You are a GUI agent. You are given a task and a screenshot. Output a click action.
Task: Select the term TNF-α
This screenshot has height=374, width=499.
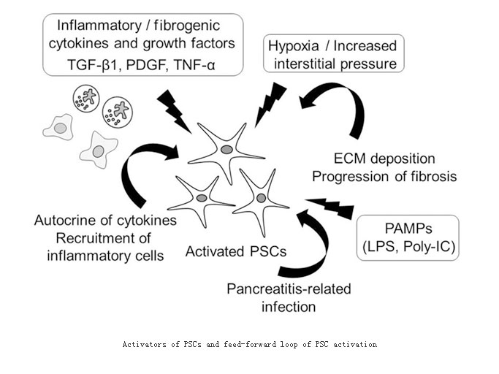195,65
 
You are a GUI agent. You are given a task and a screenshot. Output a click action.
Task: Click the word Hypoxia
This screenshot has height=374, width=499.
293,47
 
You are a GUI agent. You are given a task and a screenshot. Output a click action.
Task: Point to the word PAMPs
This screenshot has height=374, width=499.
408,229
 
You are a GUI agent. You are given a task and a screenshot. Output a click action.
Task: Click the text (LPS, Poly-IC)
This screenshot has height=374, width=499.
409,247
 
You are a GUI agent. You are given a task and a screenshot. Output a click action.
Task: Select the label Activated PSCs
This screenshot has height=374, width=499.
236,251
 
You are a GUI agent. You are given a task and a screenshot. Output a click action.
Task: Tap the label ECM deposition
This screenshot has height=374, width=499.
384,159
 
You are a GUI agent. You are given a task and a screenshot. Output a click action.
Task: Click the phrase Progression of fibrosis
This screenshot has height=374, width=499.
384,176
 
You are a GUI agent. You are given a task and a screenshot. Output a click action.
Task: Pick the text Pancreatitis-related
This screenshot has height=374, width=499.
289,289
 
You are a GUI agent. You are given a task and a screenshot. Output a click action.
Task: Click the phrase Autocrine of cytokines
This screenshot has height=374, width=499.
105,221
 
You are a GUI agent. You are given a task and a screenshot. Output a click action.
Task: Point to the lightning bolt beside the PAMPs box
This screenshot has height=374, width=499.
330,207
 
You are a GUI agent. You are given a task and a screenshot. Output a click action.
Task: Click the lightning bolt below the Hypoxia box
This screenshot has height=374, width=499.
270,104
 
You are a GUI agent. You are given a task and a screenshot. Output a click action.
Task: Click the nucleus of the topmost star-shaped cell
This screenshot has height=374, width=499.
226,149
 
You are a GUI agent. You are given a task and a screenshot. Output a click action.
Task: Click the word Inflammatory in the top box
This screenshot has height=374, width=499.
99,26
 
